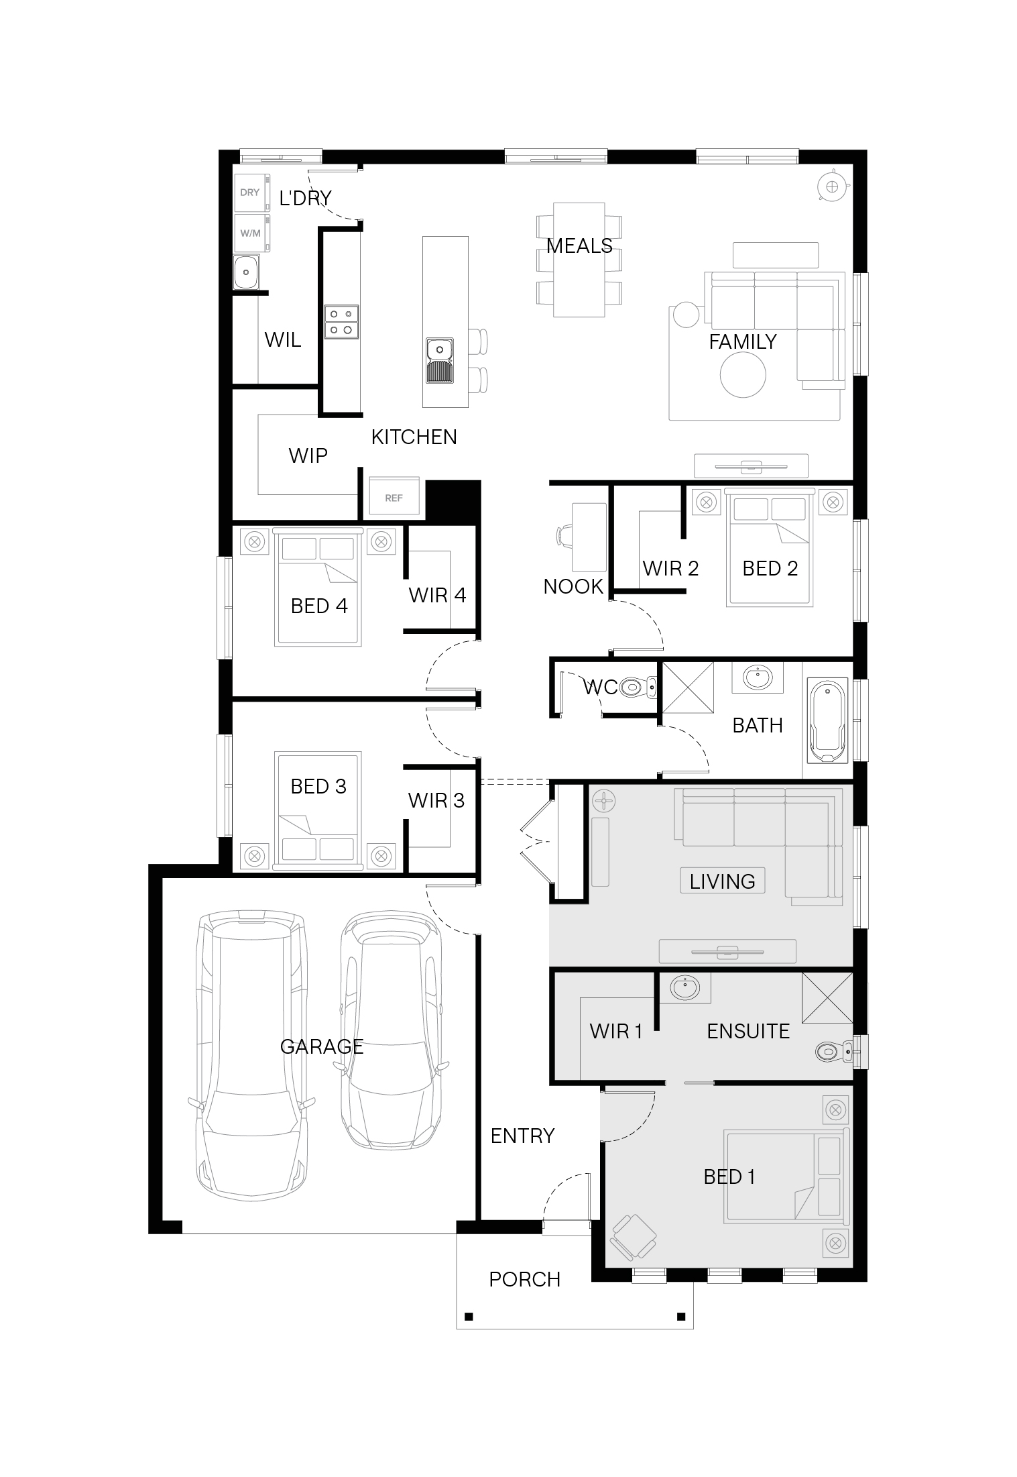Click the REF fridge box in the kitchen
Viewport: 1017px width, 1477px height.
pyautogui.click(x=394, y=497)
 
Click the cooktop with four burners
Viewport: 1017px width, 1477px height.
pyautogui.click(x=341, y=321)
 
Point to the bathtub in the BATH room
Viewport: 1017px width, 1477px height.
pyautogui.click(x=829, y=722)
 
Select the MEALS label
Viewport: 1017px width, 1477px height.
pyautogui.click(x=579, y=246)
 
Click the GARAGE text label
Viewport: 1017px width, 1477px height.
pyautogui.click(x=322, y=1046)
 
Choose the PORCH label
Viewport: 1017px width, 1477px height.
pyautogui.click(x=524, y=1279)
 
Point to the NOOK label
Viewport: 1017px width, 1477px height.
pyautogui.click(x=573, y=586)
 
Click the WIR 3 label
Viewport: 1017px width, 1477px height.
pyautogui.click(x=436, y=800)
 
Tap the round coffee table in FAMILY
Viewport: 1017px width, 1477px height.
pyautogui.click(x=743, y=376)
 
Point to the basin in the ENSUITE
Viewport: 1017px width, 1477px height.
pyautogui.click(x=684, y=988)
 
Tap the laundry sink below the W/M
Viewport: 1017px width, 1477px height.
pyautogui.click(x=247, y=272)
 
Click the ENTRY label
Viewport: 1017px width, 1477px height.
pyautogui.click(x=523, y=1136)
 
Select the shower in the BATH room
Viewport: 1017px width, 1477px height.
pyautogui.click(x=688, y=687)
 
